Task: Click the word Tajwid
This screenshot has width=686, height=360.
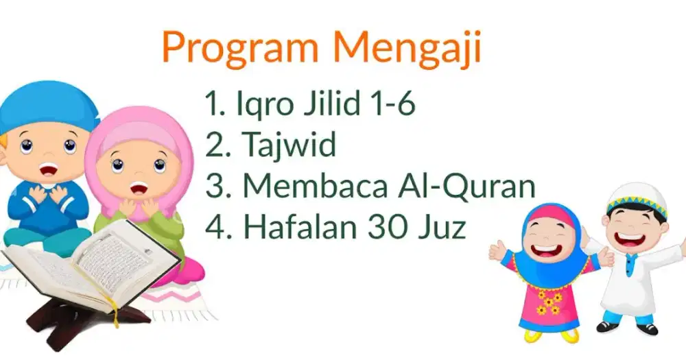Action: click(289, 144)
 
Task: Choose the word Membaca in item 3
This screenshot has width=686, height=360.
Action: click(315, 185)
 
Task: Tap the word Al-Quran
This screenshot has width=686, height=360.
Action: click(466, 185)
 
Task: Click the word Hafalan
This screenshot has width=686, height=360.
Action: click(301, 226)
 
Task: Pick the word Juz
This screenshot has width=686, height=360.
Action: click(441, 226)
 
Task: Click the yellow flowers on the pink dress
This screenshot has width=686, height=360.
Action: click(549, 302)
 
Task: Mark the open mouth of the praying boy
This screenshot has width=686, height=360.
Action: click(48, 169)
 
